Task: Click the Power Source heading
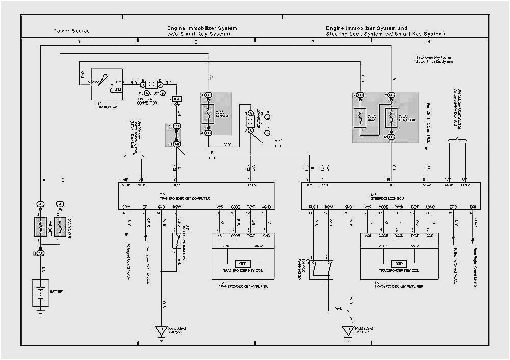pos(71,31)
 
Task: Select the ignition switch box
pos(107,84)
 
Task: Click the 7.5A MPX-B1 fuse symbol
pos(208,114)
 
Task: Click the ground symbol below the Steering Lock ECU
pos(348,330)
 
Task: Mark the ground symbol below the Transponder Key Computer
pos(161,330)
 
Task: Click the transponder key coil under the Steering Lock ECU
pos(398,263)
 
